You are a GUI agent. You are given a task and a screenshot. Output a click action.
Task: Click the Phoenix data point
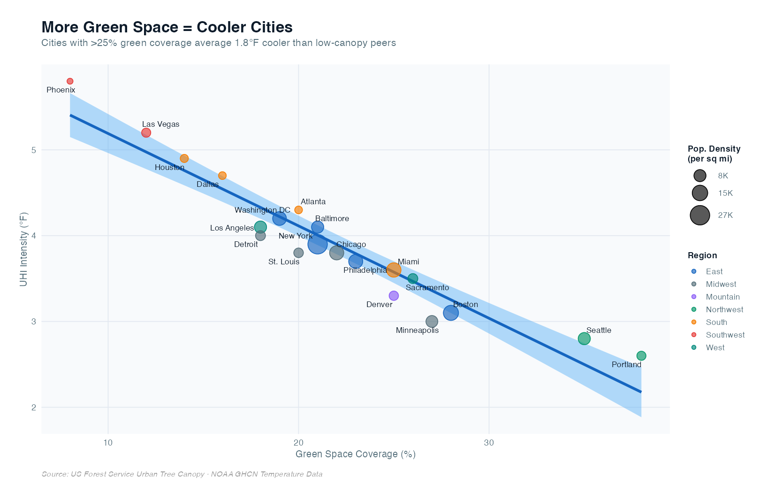point(70,81)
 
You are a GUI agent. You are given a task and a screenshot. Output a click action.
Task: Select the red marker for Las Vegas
point(146,133)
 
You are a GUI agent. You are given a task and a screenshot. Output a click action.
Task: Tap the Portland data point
point(641,356)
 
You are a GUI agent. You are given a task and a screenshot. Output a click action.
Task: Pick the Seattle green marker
point(584,339)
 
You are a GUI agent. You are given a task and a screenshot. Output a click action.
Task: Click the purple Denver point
point(394,296)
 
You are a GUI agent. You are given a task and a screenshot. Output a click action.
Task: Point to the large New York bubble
point(318,244)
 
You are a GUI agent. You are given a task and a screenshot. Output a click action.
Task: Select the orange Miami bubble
point(394,270)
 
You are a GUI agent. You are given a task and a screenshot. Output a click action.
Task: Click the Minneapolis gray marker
point(432,322)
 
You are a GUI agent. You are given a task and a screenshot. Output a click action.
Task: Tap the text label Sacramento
point(427,288)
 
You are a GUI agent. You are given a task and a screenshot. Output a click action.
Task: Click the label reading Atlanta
point(313,202)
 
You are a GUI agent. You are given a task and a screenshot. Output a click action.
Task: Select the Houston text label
point(169,168)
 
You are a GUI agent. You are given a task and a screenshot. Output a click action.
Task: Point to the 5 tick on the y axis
point(34,150)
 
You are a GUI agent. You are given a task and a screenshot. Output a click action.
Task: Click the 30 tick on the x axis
point(489,443)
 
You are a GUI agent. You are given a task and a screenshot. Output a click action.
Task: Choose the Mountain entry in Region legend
point(722,297)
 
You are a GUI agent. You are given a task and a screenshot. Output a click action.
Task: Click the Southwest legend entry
point(725,335)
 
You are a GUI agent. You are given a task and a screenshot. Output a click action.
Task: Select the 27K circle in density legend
point(699,216)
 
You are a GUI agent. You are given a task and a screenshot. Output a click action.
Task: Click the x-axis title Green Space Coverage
point(355,454)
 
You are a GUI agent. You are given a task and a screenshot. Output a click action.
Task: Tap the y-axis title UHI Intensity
point(24,249)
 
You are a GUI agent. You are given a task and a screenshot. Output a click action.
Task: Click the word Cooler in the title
point(221,27)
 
